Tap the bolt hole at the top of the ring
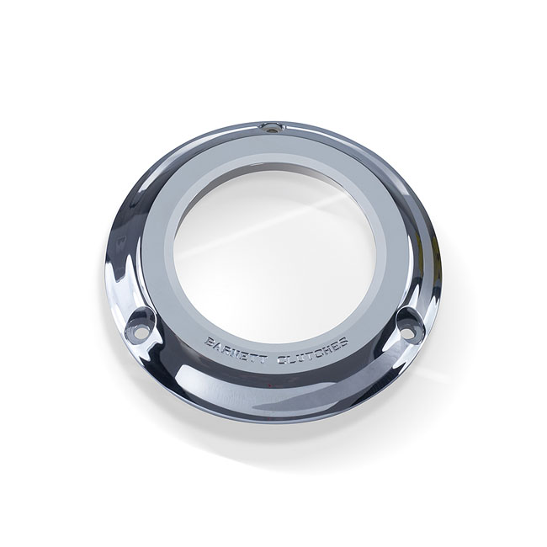pyautogui.click(x=270, y=128)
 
